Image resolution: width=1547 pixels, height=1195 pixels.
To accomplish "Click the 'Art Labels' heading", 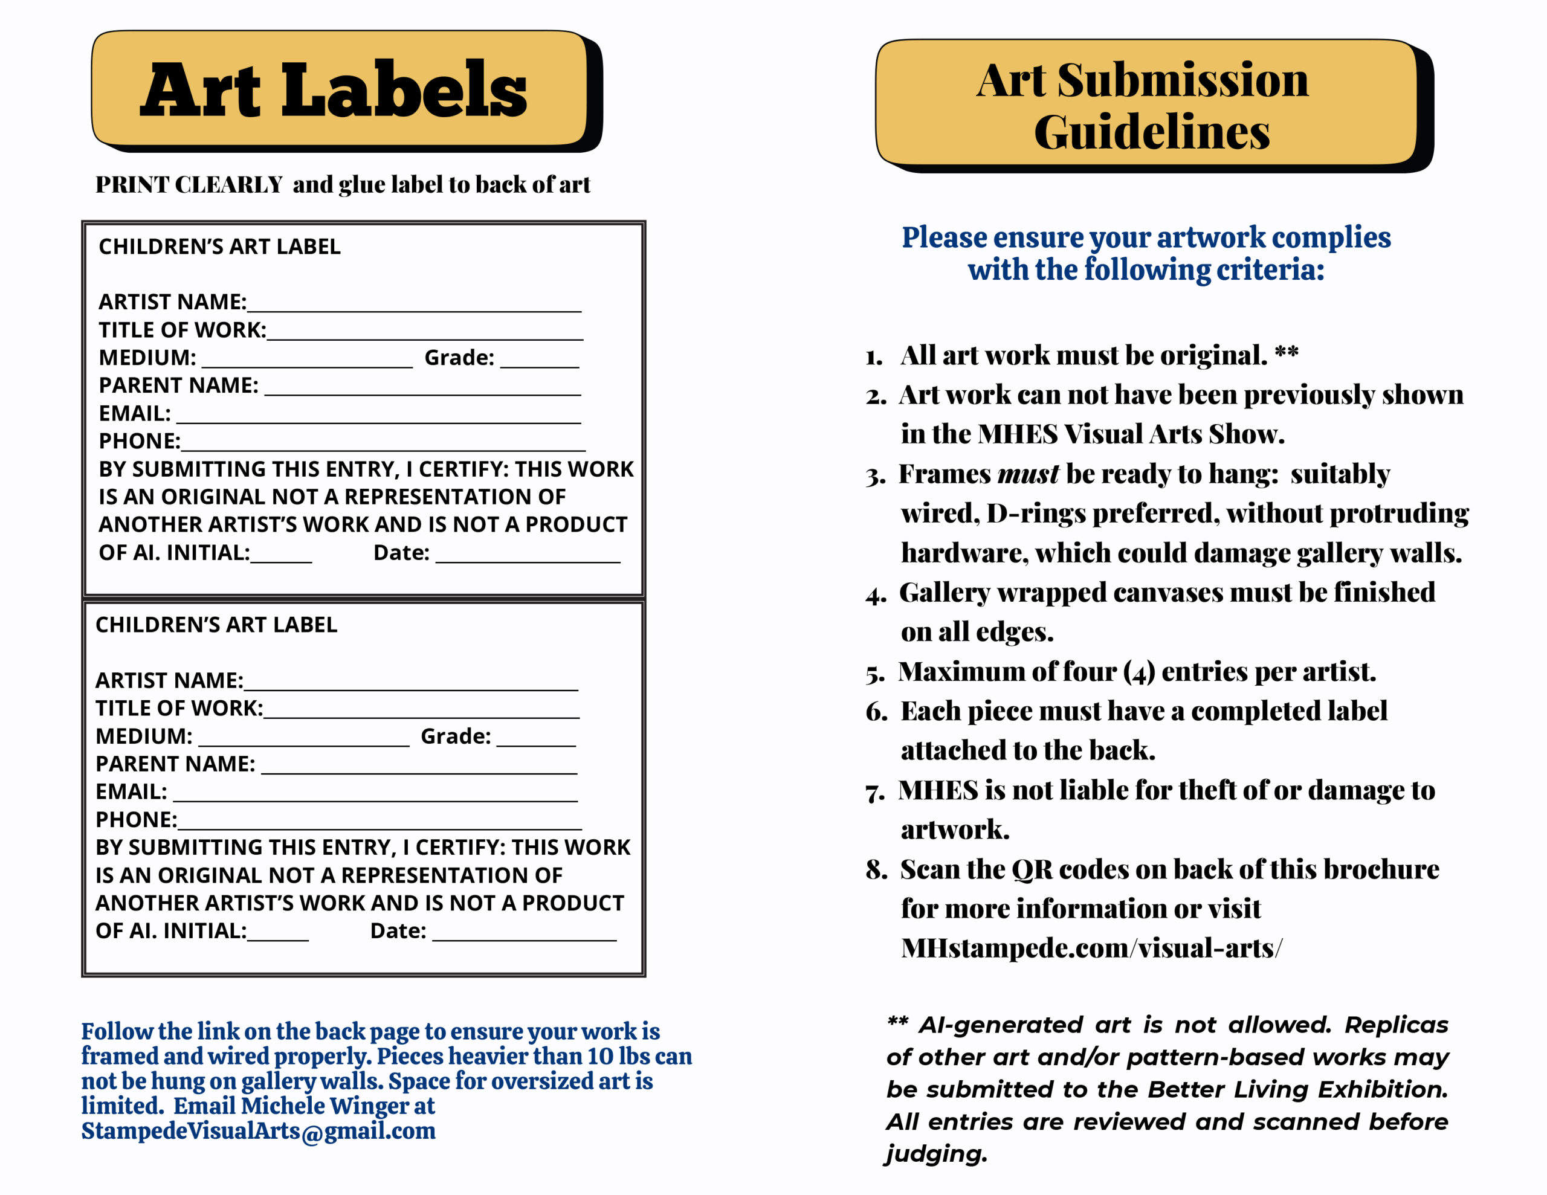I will [333, 90].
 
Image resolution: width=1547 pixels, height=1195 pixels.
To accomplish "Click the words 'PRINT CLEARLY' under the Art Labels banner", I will [189, 185].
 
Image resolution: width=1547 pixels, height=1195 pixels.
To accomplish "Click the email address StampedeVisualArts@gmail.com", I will [258, 1131].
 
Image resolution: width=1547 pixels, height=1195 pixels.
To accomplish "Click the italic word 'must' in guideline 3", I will [1028, 474].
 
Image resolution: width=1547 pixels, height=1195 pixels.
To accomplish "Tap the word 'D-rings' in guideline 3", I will [1036, 514].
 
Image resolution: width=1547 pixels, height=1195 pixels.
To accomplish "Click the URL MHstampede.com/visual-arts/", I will [1091, 949].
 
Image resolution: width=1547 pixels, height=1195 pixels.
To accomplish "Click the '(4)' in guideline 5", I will [1139, 672].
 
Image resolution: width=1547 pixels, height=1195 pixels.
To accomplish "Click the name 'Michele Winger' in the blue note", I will [338, 1106].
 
